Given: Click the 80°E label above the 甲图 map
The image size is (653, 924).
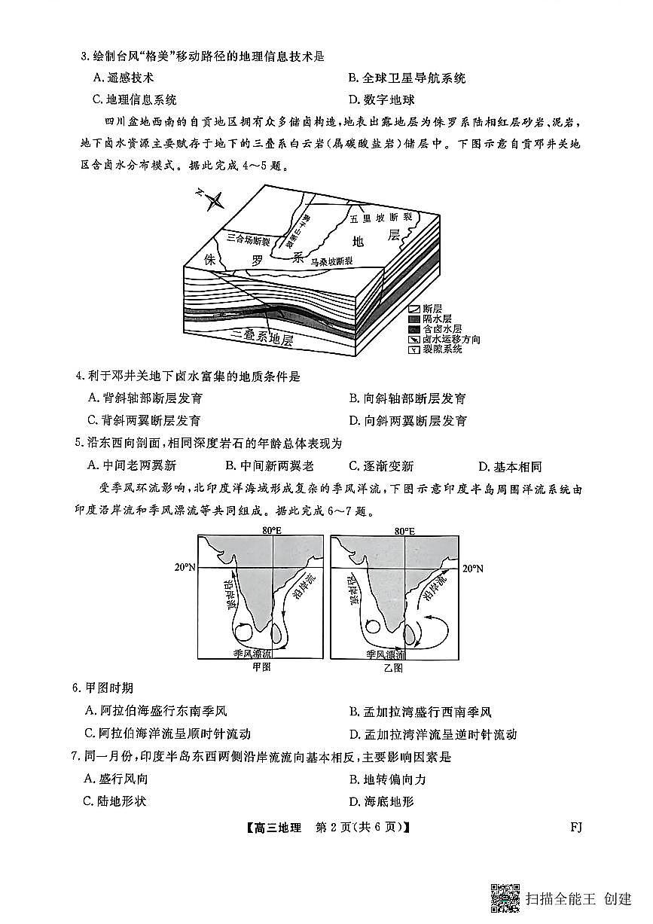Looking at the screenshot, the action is (272, 531).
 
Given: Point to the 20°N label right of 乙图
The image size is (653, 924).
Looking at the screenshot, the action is (473, 568).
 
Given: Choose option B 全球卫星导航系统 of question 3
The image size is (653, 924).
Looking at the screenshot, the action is (407, 78).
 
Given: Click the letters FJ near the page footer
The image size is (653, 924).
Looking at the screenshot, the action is (576, 827).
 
